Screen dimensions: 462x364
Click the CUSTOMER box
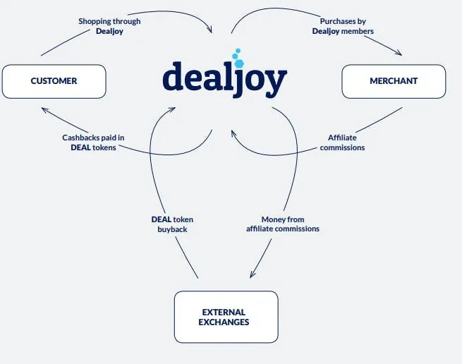(x=54, y=81)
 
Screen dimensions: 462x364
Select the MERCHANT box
(x=394, y=81)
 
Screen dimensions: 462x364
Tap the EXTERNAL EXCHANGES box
(x=226, y=317)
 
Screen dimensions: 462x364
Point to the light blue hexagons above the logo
(x=238, y=58)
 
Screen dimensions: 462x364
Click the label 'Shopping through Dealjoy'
(x=109, y=26)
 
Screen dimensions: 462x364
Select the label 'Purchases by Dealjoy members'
(x=343, y=26)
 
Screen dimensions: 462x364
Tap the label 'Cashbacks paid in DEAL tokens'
(x=93, y=142)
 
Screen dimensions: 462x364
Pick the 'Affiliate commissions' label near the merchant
(x=342, y=142)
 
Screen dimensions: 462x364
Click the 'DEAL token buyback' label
(x=172, y=224)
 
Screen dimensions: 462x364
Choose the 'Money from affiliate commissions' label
(x=283, y=224)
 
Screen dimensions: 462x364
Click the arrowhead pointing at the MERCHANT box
(x=399, y=53)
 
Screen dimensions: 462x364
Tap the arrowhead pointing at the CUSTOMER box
(x=44, y=110)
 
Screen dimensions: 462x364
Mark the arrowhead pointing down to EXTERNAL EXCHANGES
(x=252, y=274)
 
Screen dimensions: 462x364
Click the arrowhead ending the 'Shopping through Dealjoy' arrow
(x=209, y=29)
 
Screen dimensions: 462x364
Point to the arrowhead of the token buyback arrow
(x=172, y=109)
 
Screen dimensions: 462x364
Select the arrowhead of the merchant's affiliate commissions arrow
(x=233, y=133)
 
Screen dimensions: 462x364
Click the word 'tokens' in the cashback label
(x=104, y=147)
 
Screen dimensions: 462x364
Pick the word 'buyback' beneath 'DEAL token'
(x=172, y=229)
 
